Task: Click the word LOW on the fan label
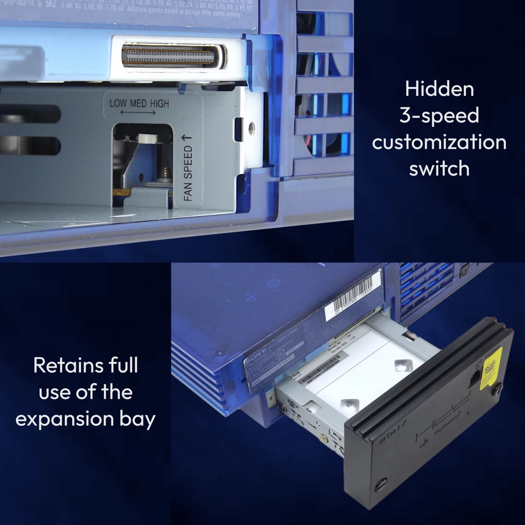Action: [118, 103]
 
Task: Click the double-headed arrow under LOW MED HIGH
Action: [138, 113]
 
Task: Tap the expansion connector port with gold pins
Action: [169, 56]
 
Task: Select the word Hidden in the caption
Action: [439, 89]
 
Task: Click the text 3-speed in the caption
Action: [439, 115]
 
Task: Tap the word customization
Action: [439, 142]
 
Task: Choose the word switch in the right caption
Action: [439, 168]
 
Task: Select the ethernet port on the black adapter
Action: [474, 377]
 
